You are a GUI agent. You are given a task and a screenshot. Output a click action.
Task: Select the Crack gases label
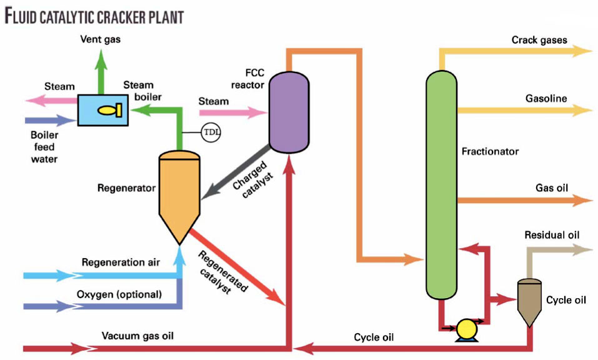[x=539, y=40]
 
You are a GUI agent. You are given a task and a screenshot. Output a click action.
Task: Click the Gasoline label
[x=546, y=98]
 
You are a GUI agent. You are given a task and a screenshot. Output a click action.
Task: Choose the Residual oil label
[x=552, y=235]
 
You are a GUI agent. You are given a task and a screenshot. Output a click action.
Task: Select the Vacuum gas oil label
[x=137, y=336]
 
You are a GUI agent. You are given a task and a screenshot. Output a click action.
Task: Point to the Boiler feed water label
[x=44, y=146]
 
